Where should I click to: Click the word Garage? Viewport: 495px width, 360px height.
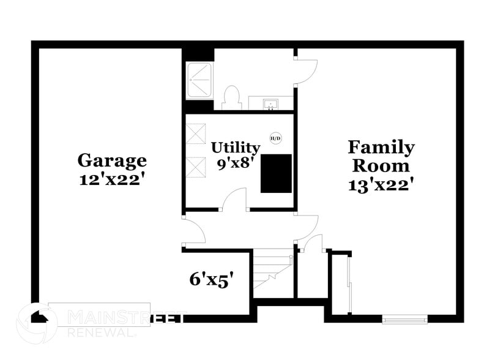(x=112, y=160)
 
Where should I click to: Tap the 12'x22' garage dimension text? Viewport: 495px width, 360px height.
(x=112, y=180)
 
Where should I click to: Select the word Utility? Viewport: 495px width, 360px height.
(x=236, y=147)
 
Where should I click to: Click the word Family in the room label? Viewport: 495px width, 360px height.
(x=381, y=148)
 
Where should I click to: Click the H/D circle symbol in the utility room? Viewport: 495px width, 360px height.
(x=275, y=138)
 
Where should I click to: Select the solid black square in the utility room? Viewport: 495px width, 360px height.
(x=276, y=173)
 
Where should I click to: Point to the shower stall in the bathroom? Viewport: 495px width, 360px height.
(x=199, y=81)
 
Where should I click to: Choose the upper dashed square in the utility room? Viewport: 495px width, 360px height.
(x=196, y=133)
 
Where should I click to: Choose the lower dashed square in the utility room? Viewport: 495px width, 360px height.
(x=196, y=167)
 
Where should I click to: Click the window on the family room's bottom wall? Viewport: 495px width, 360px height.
(x=404, y=318)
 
